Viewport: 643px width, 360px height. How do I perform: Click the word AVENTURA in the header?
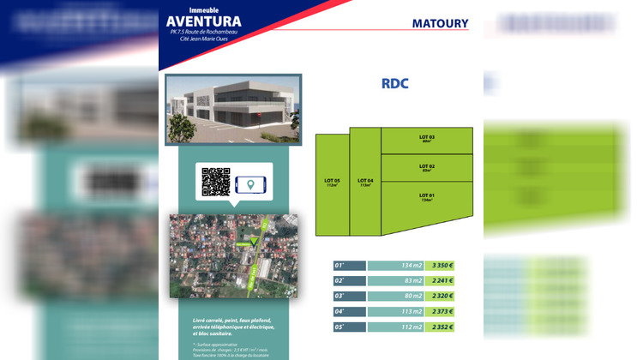pos(204,21)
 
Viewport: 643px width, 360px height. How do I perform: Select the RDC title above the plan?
pos(395,84)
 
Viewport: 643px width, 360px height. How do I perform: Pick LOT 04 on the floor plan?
pos(365,183)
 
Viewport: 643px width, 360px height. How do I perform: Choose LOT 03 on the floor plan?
pos(426,140)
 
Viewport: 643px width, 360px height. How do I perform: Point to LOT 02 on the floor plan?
pos(426,167)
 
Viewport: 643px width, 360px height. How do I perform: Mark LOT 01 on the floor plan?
pos(426,199)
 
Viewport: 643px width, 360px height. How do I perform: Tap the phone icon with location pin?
pos(250,183)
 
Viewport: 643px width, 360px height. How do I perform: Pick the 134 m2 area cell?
pos(396,266)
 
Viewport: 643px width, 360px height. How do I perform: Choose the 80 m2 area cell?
pos(396,297)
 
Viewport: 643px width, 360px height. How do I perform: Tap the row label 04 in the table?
pos(349,312)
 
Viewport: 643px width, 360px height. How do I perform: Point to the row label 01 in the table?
pos(349,266)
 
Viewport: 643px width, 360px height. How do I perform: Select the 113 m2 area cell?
pos(396,312)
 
